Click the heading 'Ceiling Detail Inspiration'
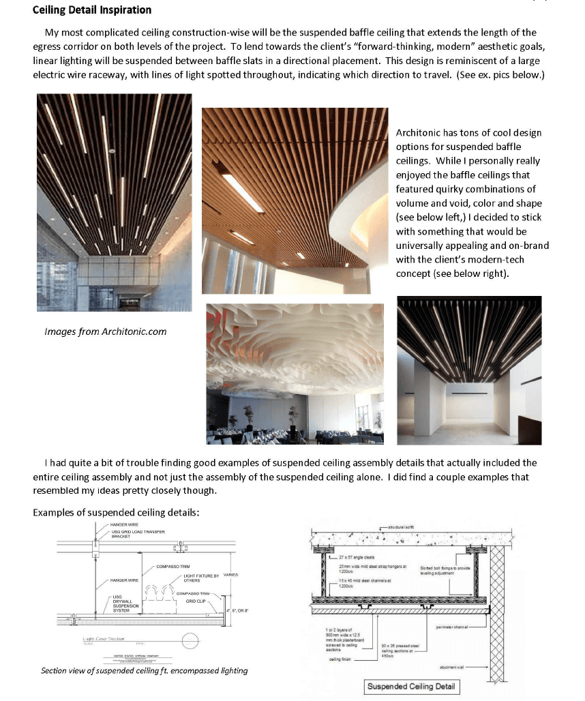pyautogui.click(x=92, y=10)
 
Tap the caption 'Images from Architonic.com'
pyautogui.click(x=105, y=331)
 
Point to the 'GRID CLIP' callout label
pyautogui.click(x=196, y=601)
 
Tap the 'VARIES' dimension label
pyautogui.click(x=231, y=575)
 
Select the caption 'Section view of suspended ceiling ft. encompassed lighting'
pyautogui.click(x=144, y=670)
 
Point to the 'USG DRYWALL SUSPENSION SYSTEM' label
pyautogui.click(x=125, y=603)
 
